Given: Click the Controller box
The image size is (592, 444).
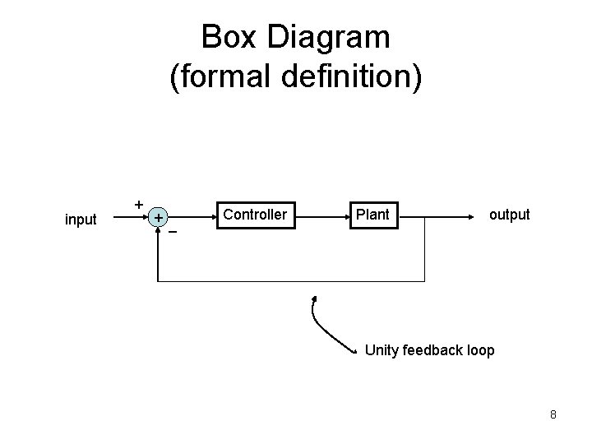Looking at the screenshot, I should pos(255,215).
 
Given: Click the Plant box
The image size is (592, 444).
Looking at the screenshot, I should pos(372,215).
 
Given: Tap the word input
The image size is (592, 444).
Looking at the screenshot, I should pos(81,220).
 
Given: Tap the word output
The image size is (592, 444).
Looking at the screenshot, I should pos(510,215).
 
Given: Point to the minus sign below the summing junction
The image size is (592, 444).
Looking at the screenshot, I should pos(173,233).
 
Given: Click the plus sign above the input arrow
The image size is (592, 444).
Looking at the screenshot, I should pos(139,203).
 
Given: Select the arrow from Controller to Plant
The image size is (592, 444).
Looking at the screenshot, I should pos(321,218).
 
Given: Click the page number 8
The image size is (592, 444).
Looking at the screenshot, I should pos(553,414).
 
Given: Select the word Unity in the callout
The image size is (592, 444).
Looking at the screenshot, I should pos(382,351).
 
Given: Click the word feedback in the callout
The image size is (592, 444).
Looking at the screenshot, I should pos(433,351).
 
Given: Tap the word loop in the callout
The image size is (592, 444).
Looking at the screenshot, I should pos(481,351).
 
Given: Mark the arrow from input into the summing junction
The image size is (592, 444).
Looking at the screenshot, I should pos(123,218).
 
